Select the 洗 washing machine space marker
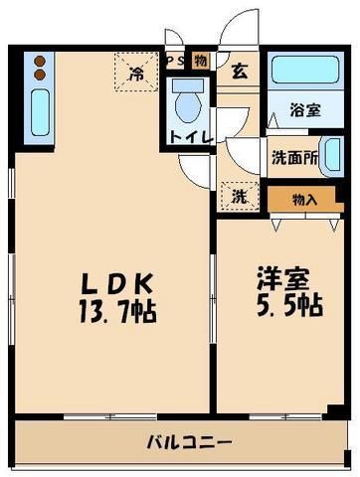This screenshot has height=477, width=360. point(239,195)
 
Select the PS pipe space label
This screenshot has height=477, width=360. point(175,61)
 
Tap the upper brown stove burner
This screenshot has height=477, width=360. point(40,61)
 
